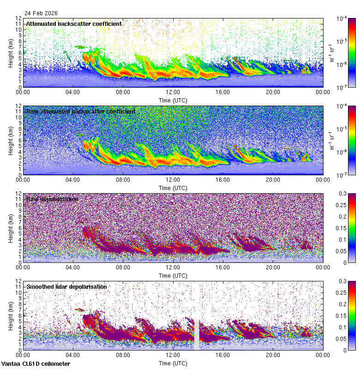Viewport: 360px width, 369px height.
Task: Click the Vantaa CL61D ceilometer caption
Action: (x=36, y=364)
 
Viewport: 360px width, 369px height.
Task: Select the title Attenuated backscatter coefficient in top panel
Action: (x=74, y=24)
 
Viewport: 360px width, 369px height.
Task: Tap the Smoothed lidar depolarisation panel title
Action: (x=66, y=286)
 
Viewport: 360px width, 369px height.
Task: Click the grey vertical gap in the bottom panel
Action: (x=197, y=334)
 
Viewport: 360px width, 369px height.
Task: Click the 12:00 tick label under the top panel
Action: (x=173, y=92)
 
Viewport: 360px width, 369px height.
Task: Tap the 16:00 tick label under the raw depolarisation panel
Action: (x=223, y=267)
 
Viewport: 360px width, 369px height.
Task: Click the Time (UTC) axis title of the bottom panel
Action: (x=173, y=363)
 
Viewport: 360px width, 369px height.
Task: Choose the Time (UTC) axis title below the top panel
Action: (x=173, y=100)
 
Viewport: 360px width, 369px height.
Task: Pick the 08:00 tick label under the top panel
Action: (x=123, y=92)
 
